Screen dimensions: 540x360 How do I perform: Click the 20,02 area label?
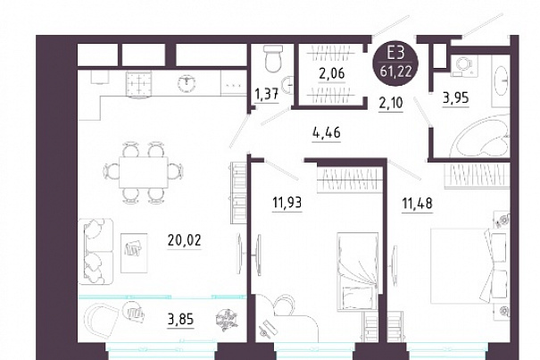point(184,240)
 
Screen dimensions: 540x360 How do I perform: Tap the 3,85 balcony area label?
point(180,320)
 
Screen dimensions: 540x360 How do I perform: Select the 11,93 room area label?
point(287,203)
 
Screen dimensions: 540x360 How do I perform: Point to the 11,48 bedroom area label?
point(417,203)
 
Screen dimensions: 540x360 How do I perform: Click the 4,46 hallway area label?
point(326,132)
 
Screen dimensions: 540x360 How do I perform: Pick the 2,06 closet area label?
point(331,74)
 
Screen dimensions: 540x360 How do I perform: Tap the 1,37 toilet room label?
point(266,94)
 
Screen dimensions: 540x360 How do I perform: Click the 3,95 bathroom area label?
point(455,98)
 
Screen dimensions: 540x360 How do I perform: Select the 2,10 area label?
point(391,103)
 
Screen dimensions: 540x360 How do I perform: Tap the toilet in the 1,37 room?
point(273,59)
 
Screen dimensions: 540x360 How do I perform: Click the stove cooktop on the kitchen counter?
point(139,85)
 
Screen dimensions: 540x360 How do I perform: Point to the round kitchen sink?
point(187,84)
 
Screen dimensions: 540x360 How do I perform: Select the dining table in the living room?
point(144,172)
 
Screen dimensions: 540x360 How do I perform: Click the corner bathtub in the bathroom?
point(481,134)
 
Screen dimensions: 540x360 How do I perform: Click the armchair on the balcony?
point(101,321)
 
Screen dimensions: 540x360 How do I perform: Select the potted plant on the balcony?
point(225,321)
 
